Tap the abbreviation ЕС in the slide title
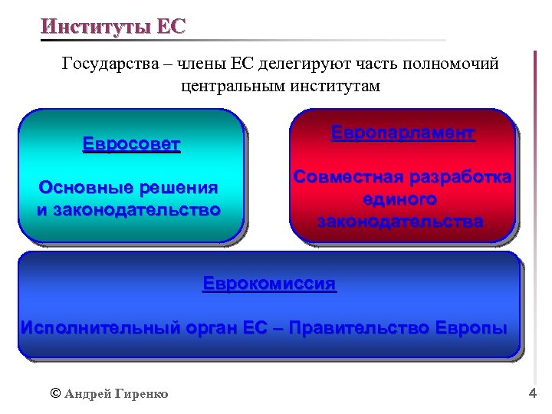[170, 26]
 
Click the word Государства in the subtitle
[110, 64]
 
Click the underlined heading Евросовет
[131, 144]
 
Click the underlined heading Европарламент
[402, 133]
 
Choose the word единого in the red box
[401, 199]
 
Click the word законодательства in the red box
[400, 222]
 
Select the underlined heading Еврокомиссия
[269, 283]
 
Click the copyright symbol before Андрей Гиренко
[54, 393]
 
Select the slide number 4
[533, 393]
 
